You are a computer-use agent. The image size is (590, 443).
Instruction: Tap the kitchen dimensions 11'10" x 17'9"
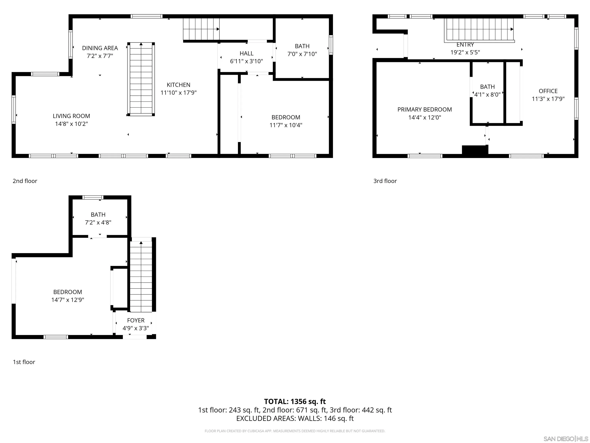tap(178, 93)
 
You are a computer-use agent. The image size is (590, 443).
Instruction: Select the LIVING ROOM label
tap(71, 116)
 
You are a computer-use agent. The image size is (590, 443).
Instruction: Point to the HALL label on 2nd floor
tap(246, 53)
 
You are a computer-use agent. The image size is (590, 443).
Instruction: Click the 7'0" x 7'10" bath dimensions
tap(302, 54)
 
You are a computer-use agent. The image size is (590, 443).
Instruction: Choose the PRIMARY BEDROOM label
tap(424, 109)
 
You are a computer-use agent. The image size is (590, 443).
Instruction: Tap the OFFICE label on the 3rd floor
tap(548, 91)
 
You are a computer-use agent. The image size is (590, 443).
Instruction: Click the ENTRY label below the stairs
tap(465, 45)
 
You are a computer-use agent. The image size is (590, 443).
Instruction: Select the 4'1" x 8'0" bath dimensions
tap(487, 95)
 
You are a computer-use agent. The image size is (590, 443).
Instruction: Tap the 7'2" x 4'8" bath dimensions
tap(98, 222)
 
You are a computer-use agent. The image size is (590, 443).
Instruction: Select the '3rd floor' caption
tap(385, 181)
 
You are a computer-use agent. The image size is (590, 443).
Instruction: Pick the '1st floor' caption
tap(24, 362)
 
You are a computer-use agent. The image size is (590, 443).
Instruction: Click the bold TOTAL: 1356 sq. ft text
tap(295, 402)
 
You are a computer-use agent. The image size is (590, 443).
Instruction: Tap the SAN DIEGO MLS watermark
tap(565, 439)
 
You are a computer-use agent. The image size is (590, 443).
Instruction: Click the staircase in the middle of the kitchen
tap(141, 79)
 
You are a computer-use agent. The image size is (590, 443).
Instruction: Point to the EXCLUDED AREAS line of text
tap(295, 418)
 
